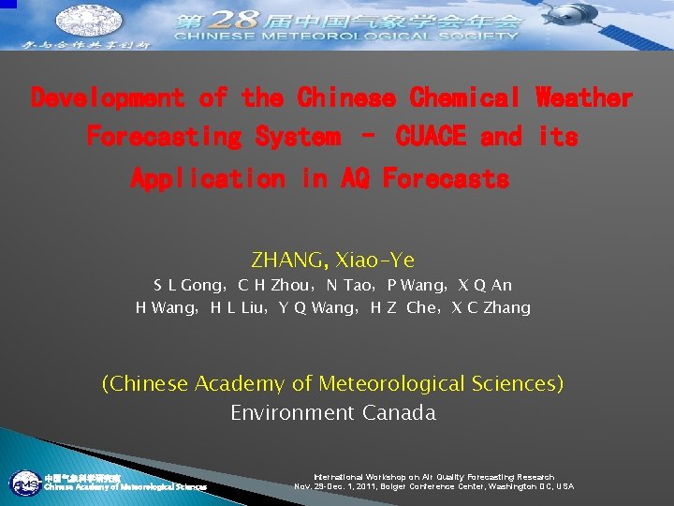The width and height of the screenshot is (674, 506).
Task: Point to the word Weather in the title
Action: (584, 97)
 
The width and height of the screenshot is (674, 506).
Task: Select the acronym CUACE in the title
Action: (431, 137)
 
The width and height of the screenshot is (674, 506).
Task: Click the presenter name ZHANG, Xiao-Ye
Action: (332, 260)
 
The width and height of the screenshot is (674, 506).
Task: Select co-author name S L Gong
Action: (187, 285)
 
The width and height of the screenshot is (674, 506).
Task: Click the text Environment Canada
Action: (332, 413)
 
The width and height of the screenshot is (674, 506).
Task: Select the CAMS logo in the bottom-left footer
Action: (24, 484)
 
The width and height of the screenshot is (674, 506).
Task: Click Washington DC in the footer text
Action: (526, 487)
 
